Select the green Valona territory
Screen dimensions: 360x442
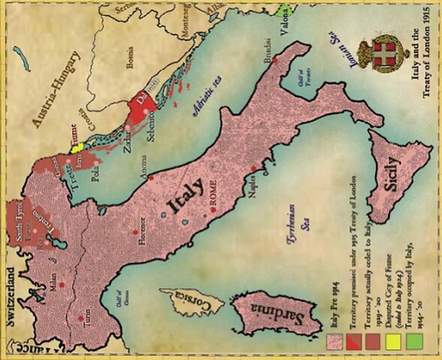click(x=284, y=11)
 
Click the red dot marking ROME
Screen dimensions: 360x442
click(x=215, y=208)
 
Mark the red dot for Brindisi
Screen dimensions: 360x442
click(x=275, y=59)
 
